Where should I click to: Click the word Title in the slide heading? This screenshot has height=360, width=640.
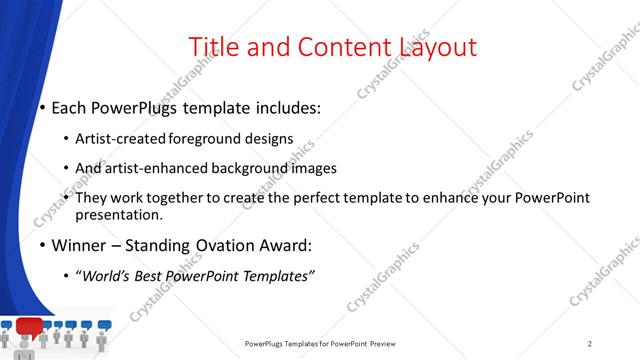[212, 47]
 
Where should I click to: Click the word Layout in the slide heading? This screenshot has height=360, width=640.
[438, 47]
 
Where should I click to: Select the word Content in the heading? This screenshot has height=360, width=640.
[340, 47]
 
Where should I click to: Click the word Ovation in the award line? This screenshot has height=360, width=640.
[204, 245]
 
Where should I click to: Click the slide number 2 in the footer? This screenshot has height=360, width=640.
[590, 343]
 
